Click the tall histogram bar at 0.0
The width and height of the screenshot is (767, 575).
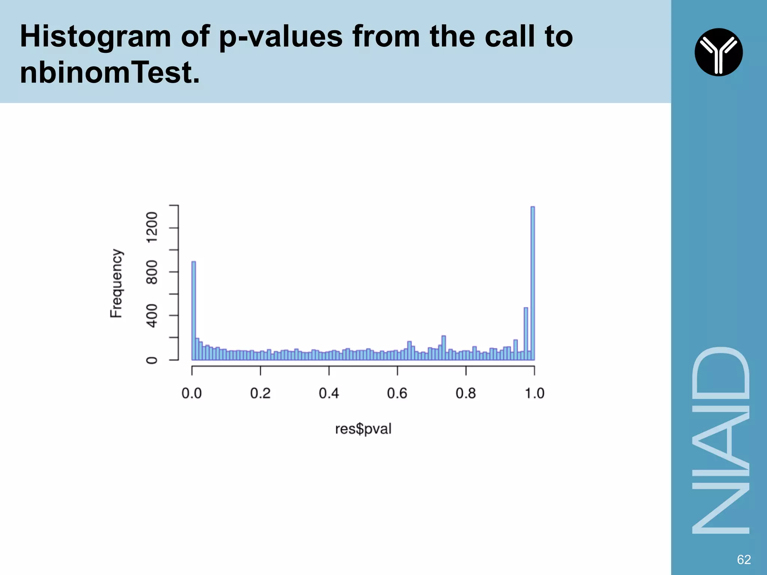point(194,311)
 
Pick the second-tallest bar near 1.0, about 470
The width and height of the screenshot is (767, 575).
point(526,334)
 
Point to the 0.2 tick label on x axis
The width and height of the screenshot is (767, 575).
point(260,393)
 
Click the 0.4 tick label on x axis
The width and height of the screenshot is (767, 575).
point(329,393)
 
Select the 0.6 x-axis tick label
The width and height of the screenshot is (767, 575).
point(397,393)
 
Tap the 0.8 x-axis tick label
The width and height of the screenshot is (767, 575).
point(466,393)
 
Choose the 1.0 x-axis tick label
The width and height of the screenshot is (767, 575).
point(534,393)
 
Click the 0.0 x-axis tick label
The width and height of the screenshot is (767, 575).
point(192,393)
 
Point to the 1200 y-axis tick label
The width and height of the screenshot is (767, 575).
point(152,228)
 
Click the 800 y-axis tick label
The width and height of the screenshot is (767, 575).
point(152,272)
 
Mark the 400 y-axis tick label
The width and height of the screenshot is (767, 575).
point(152,316)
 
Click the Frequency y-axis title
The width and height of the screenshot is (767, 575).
point(116,283)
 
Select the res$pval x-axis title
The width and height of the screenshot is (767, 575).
point(363,429)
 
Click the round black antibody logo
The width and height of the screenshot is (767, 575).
point(718,52)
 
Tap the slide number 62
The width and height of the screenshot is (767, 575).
point(744,559)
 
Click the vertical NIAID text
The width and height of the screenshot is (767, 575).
point(721,440)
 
